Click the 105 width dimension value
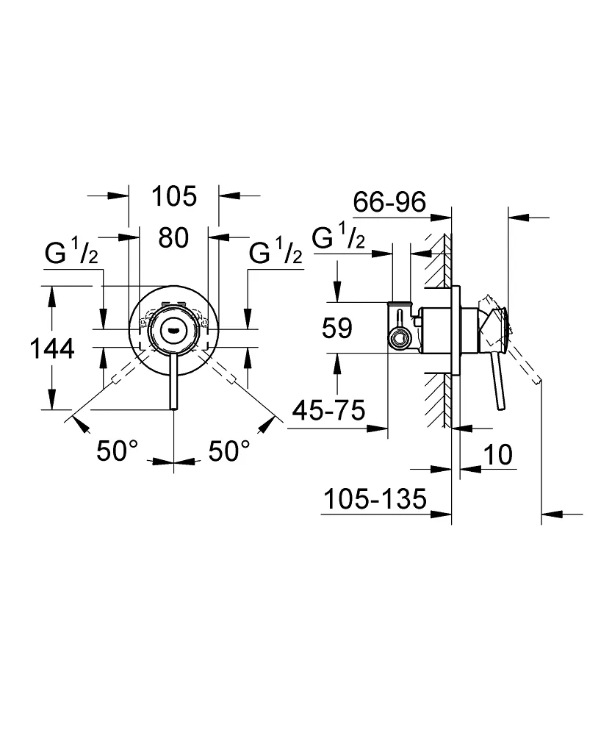tap(174, 196)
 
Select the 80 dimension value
tap(173, 237)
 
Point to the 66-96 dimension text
tap(389, 201)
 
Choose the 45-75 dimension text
tap(328, 412)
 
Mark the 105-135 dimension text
tap(374, 500)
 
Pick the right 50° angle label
tap(228, 451)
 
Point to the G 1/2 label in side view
tap(338, 238)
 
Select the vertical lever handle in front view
tap(173, 382)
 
